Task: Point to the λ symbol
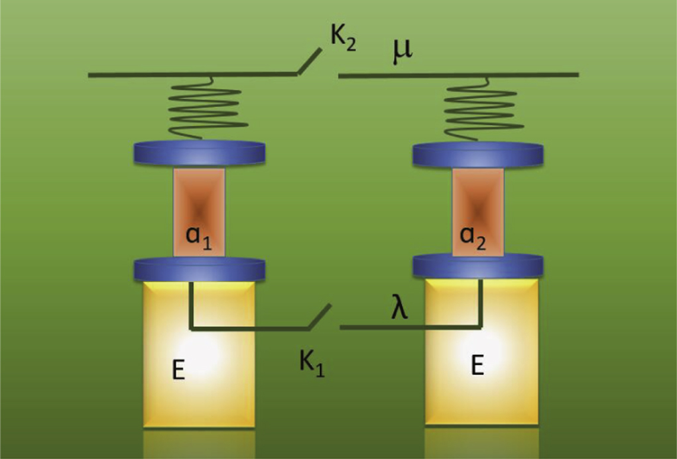[399, 308]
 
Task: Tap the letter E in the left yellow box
[178, 371]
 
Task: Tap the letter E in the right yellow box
[477, 365]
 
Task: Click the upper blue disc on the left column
[200, 153]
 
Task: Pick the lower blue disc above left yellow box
[200, 268]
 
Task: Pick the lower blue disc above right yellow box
[478, 265]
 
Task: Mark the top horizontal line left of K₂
[192, 75]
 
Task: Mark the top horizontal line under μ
[458, 75]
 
